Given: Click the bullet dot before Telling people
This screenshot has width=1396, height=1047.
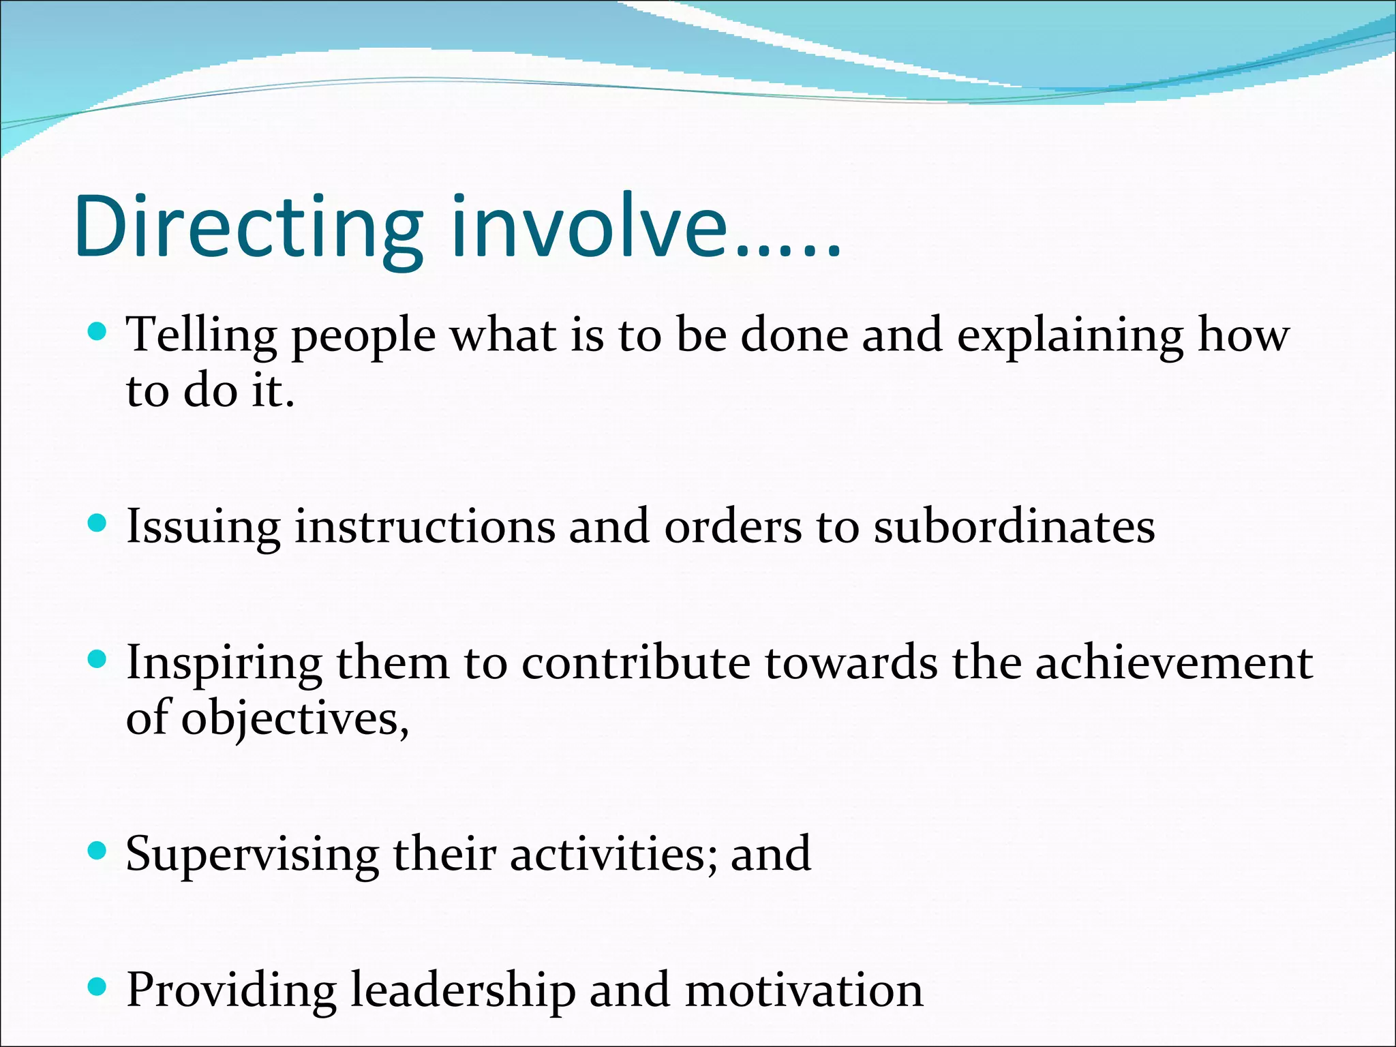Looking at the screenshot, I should (98, 332).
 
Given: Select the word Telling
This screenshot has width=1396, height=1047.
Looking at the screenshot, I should (202, 336).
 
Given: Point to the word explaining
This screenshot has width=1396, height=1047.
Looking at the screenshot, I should (1070, 336).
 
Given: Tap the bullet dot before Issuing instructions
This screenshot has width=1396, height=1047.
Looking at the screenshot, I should (98, 523).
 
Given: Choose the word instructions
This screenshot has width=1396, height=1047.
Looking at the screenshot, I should (425, 527).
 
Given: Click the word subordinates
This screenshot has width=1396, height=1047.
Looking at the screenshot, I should (1014, 527).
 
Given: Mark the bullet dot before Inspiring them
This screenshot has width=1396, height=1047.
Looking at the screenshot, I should (98, 659).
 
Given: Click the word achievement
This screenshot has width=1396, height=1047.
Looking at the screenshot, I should (1174, 663).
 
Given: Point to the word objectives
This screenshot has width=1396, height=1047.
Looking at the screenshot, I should (294, 720).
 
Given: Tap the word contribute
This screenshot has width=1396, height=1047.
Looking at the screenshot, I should (635, 663).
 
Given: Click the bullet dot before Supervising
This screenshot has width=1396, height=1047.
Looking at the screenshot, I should (98, 850).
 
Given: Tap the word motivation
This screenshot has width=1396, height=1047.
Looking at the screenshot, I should (804, 990).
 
